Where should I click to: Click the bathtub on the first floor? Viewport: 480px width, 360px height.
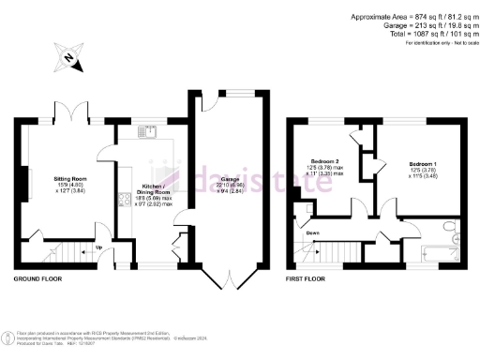coord(437,250)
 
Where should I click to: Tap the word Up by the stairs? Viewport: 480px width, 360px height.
coord(98,247)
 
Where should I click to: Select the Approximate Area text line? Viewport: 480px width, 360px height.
coord(414,17)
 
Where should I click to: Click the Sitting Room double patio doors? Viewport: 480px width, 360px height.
coord(69,117)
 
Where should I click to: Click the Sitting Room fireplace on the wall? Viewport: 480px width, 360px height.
coord(30,179)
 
